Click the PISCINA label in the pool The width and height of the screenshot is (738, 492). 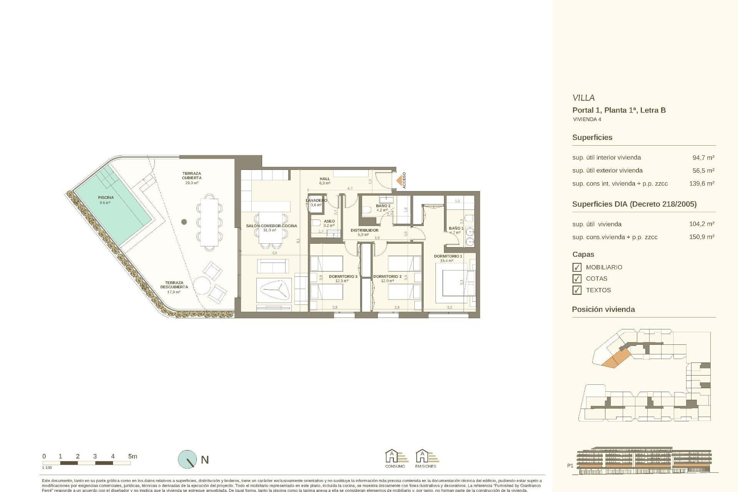click(106, 198)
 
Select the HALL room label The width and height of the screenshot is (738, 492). click(325, 179)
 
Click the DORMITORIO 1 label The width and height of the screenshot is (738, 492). click(448, 256)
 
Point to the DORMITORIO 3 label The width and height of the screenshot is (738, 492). click(343, 276)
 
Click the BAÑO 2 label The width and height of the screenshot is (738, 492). click(383, 206)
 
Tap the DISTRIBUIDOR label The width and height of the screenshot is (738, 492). click(364, 230)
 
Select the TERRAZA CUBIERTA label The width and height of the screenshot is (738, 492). click(191, 176)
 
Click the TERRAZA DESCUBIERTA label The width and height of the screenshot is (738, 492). click(174, 285)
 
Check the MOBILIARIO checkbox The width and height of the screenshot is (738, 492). click(577, 267)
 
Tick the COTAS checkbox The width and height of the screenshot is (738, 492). click(577, 279)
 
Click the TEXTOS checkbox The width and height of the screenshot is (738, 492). click(577, 290)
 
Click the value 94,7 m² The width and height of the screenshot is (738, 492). click(703, 158)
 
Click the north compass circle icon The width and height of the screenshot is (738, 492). click(187, 459)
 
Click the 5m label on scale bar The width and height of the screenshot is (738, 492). click(132, 456)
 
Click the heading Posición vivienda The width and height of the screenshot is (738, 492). click(603, 309)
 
